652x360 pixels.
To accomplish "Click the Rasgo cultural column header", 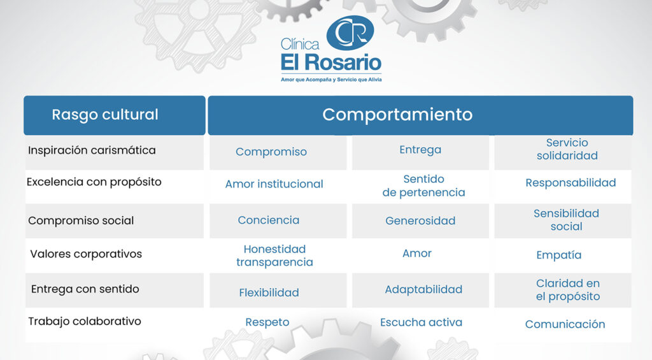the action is click(x=105, y=115).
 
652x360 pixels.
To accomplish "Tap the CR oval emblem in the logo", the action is click(x=350, y=33).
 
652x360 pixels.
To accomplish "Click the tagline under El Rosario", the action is click(x=331, y=80).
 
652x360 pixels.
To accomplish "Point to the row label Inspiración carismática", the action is click(x=92, y=150).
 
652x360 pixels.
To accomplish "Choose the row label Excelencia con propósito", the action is click(x=94, y=182).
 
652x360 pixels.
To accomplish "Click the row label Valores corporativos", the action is click(x=86, y=254).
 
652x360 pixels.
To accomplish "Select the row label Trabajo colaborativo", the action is click(x=85, y=322).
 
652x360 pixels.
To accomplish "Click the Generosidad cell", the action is click(x=420, y=220).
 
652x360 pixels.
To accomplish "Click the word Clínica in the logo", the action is click(x=300, y=44).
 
